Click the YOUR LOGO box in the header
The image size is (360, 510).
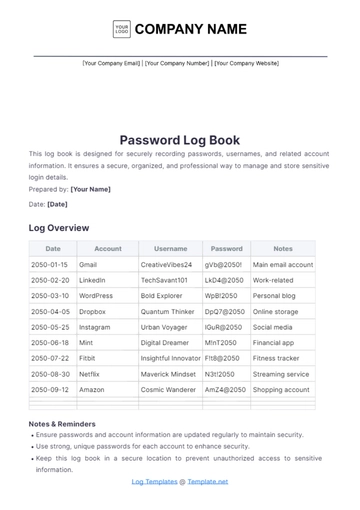coord(122,29)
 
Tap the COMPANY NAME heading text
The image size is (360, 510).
coord(190,29)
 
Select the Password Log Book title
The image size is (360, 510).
coord(180,140)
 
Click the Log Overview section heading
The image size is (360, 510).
coord(59,228)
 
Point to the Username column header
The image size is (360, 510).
coord(171,249)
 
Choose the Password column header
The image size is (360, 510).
coord(226,249)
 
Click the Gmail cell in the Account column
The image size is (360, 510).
coord(88,265)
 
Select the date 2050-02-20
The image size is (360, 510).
coord(51,280)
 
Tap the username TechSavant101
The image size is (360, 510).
coord(164,280)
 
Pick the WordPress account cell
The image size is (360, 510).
coord(96,296)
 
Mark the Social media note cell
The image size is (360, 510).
coord(273,327)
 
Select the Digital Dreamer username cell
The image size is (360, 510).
coord(164,342)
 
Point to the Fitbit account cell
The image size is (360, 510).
coord(88,358)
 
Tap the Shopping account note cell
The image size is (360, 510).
coord(282,389)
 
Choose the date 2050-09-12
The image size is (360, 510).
coord(51,389)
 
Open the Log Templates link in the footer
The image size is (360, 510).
coord(153,481)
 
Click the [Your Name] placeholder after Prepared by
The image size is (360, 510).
coord(91,189)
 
